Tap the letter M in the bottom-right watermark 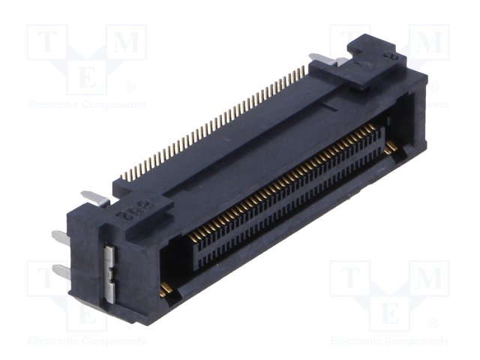click(431, 279)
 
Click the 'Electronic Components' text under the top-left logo click(87, 105)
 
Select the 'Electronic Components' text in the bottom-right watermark click(390, 340)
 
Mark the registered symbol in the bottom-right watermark click(433, 323)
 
